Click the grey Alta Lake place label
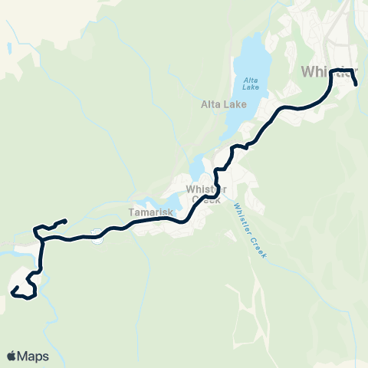[223, 104]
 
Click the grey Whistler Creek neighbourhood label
[203, 193]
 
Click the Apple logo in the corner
[11, 356]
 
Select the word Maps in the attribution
[34, 356]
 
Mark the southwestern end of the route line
[13, 290]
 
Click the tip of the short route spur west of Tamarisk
[66, 221]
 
